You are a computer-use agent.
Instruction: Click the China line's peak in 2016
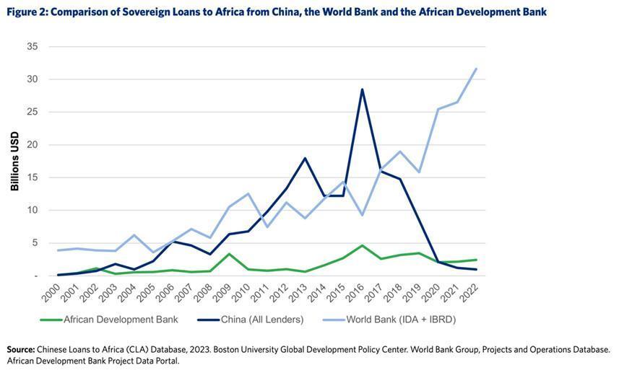click(x=363, y=89)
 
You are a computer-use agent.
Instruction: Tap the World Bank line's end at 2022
click(x=476, y=69)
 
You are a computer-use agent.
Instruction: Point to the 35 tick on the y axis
click(x=33, y=46)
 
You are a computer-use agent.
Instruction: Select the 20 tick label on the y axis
click(x=33, y=144)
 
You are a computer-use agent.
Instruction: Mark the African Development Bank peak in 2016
click(x=363, y=245)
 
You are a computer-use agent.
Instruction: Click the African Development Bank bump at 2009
click(x=229, y=254)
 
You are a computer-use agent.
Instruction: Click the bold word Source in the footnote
click(x=20, y=349)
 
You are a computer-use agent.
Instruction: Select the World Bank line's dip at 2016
click(x=363, y=215)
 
